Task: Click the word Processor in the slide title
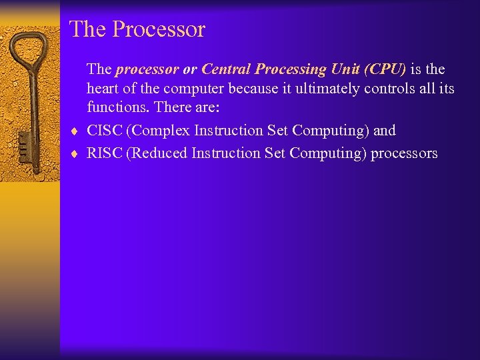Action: (159, 29)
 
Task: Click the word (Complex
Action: (158, 130)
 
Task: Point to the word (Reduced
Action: (157, 153)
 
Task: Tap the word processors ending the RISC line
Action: (404, 153)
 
